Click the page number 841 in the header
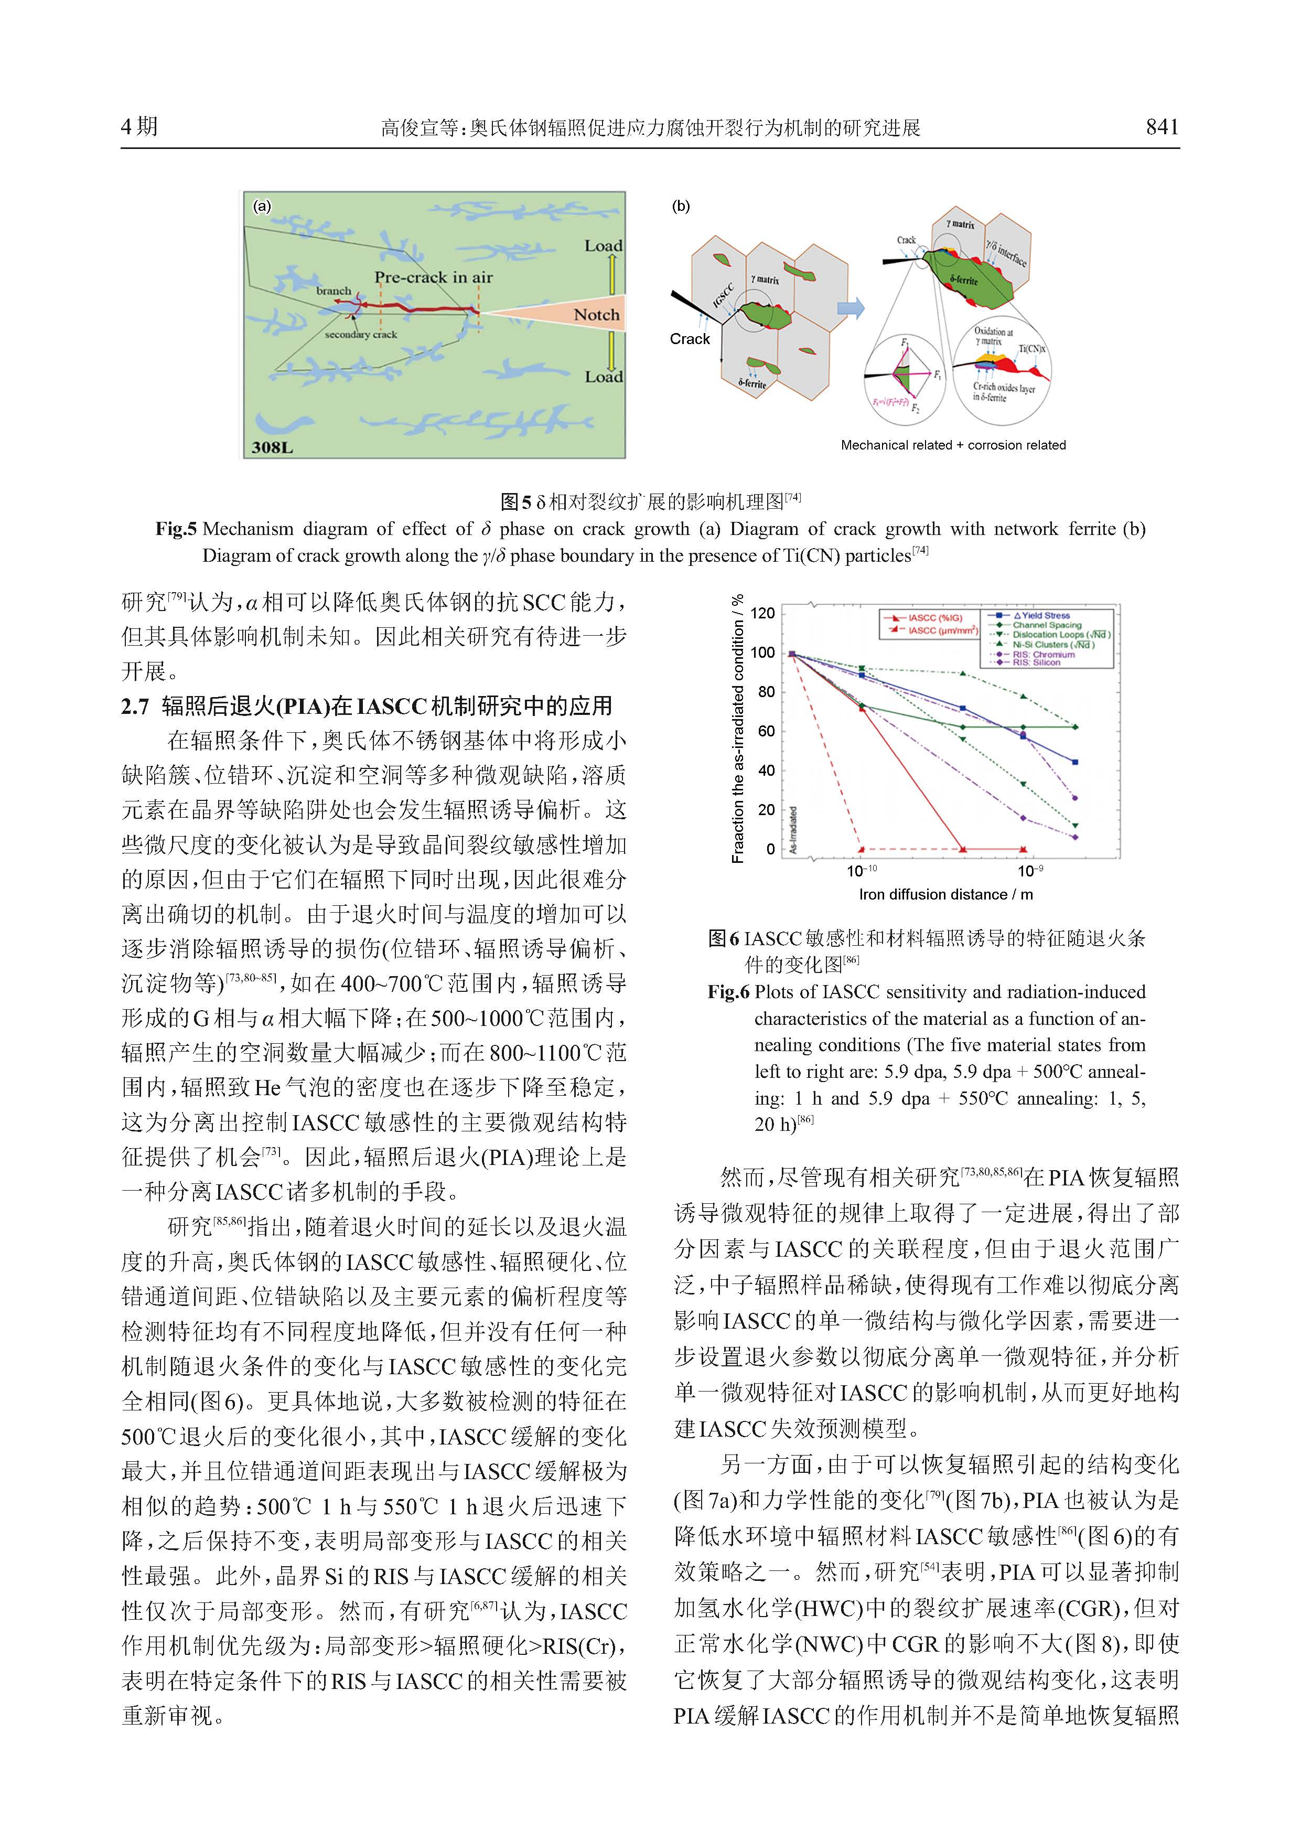(x=1162, y=126)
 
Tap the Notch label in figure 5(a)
(x=596, y=315)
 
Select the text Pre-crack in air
(x=433, y=277)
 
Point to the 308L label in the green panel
(x=272, y=447)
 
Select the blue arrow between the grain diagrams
(x=850, y=308)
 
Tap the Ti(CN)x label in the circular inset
(x=1032, y=349)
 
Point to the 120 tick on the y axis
(x=762, y=613)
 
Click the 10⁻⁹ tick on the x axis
(x=1029, y=870)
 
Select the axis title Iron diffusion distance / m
(x=945, y=894)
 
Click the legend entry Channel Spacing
(x=1046, y=625)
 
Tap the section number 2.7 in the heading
(x=135, y=706)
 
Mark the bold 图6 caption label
(x=724, y=938)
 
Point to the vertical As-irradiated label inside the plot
(x=793, y=829)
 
